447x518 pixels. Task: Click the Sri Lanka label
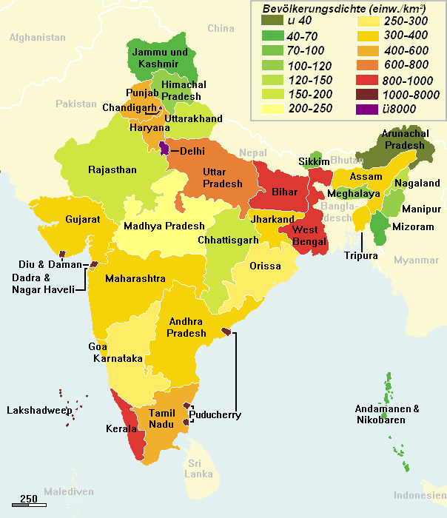point(198,468)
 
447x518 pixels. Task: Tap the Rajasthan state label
point(112,169)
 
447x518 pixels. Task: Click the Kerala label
point(121,429)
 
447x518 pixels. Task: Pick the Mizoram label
point(413,226)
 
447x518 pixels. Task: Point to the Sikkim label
point(314,161)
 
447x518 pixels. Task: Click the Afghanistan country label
point(38,37)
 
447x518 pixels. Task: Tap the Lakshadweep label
point(38,410)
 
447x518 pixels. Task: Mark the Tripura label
point(360,256)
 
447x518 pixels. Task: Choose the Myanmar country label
point(416,260)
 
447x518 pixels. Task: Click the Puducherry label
point(215,415)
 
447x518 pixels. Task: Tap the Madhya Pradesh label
point(164,226)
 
